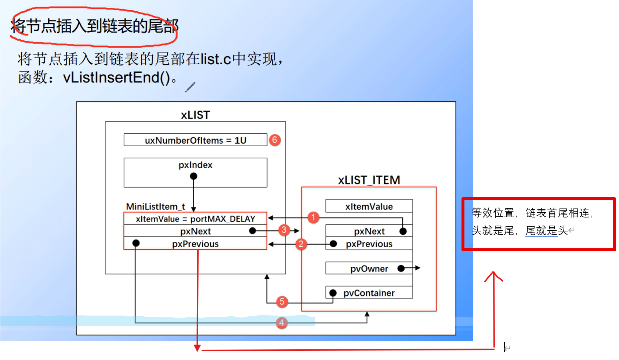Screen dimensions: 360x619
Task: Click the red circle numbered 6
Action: tap(275, 140)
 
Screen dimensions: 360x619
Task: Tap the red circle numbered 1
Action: tap(313, 217)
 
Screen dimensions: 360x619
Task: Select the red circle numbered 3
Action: tap(284, 230)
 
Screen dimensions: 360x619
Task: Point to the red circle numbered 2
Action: tap(301, 244)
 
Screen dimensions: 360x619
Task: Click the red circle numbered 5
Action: tap(282, 302)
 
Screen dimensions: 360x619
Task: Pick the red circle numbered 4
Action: tap(282, 323)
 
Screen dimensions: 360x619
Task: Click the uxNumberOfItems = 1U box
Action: tap(195, 140)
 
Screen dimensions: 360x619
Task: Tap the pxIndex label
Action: tap(195, 165)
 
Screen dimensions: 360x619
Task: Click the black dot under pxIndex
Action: tap(193, 176)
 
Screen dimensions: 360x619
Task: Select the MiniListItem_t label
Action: tap(155, 206)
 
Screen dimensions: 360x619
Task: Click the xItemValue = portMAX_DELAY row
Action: tap(195, 219)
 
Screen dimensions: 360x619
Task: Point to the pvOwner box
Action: tap(369, 269)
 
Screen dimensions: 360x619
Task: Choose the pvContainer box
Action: tap(369, 293)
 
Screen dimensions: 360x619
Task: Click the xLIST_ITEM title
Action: tap(369, 180)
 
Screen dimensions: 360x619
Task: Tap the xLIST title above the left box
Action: tap(195, 115)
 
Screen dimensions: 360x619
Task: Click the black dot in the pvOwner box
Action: tap(401, 269)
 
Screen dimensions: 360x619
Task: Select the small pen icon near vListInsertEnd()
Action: tap(190, 87)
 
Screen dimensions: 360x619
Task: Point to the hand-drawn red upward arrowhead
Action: tap(493, 276)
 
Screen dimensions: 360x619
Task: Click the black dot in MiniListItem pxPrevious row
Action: tap(136, 243)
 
